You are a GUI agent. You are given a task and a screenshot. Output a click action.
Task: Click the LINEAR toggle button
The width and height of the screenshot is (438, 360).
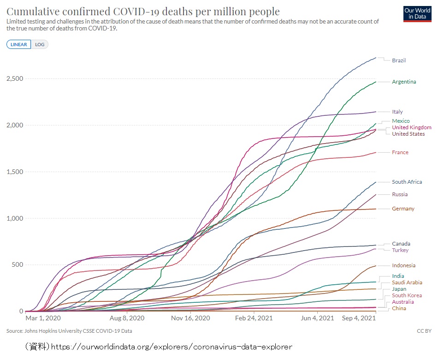click(18, 44)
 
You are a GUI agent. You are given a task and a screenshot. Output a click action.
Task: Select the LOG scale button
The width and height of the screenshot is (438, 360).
click(40, 44)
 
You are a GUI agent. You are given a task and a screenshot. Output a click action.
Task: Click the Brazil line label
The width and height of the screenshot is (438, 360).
click(399, 60)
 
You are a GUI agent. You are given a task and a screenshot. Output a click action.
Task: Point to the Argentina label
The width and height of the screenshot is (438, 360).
click(404, 82)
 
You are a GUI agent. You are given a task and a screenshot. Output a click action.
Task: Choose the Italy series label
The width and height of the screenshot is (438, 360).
click(397, 112)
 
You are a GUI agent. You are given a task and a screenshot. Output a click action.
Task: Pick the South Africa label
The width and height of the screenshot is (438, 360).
click(407, 182)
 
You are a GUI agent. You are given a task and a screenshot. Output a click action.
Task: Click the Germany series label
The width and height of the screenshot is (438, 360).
click(403, 209)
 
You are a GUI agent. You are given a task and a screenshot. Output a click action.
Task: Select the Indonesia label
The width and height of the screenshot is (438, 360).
click(403, 265)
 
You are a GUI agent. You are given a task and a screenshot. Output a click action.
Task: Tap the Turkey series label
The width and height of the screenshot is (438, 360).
click(400, 250)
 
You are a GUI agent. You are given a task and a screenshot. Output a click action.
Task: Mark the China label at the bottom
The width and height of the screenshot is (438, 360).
click(399, 308)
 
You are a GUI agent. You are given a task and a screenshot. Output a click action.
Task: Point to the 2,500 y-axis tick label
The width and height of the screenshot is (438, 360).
click(15, 79)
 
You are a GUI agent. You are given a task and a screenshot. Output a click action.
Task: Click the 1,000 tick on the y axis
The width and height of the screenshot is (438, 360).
click(15, 218)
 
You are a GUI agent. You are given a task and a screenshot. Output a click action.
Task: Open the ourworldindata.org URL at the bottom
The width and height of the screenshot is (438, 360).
click(171, 346)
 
